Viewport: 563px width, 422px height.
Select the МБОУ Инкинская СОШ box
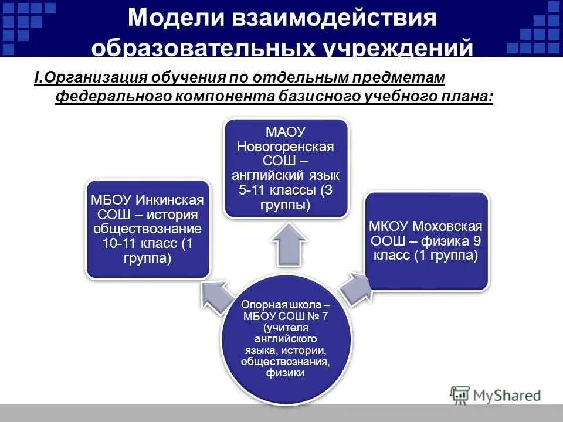(x=148, y=229)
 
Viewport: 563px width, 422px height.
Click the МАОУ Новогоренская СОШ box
(x=286, y=168)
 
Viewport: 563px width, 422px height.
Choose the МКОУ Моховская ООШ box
(x=426, y=241)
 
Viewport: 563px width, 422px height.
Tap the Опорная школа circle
(x=286, y=340)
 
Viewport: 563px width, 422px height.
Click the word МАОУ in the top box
(x=286, y=132)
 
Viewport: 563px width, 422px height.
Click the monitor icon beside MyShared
(x=460, y=394)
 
